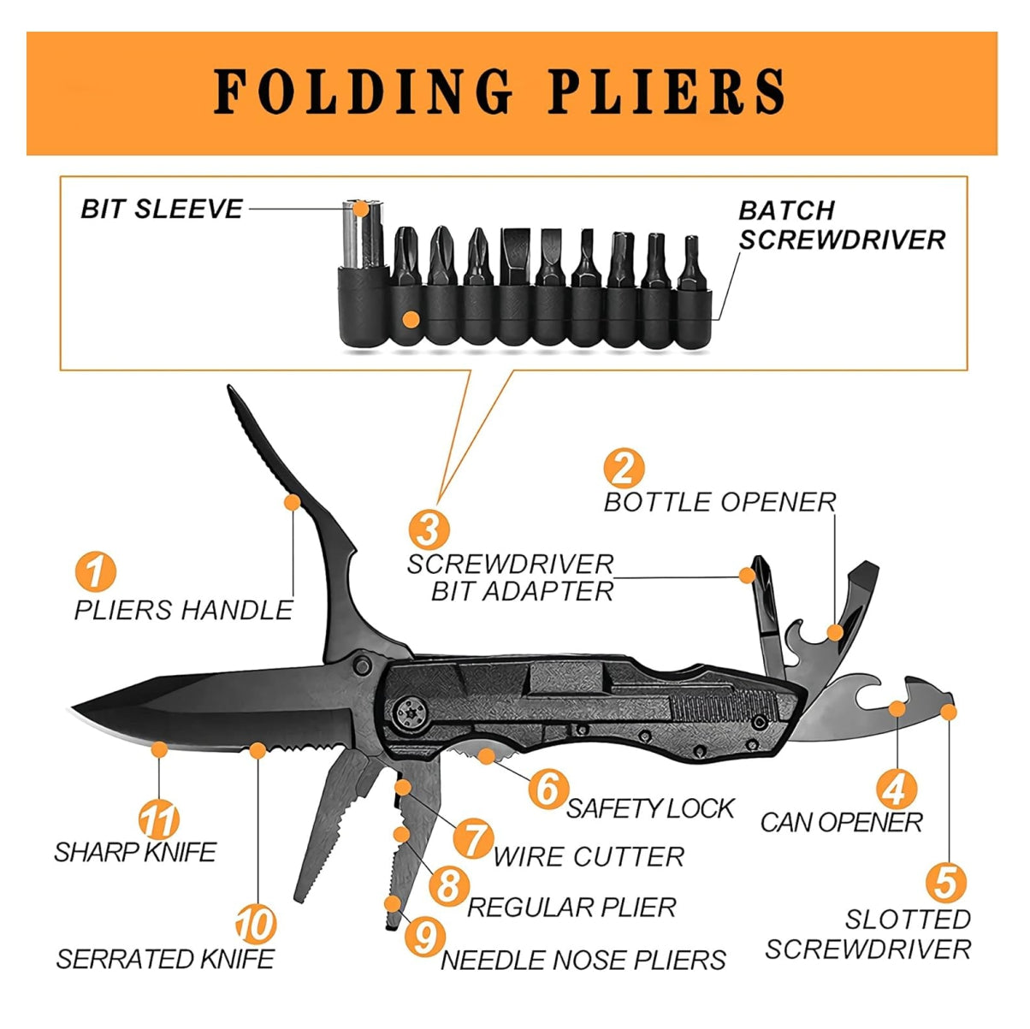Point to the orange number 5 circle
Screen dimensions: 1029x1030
[945, 883]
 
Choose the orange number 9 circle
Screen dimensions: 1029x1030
[424, 936]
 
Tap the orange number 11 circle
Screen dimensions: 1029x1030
[159, 820]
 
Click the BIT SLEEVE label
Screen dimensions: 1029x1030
[162, 209]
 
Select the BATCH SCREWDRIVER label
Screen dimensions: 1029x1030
[842, 225]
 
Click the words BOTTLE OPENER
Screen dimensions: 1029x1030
[719, 502]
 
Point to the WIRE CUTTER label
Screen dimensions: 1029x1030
[589, 857]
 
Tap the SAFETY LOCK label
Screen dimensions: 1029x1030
[650, 808]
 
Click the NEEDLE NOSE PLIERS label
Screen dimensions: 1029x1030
[583, 960]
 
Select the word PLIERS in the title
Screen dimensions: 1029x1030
[666, 92]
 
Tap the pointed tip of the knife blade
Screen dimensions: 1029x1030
[75, 708]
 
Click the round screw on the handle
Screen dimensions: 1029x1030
[411, 711]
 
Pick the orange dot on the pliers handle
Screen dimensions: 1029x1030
[293, 502]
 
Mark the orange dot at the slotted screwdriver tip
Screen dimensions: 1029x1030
[948, 711]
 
